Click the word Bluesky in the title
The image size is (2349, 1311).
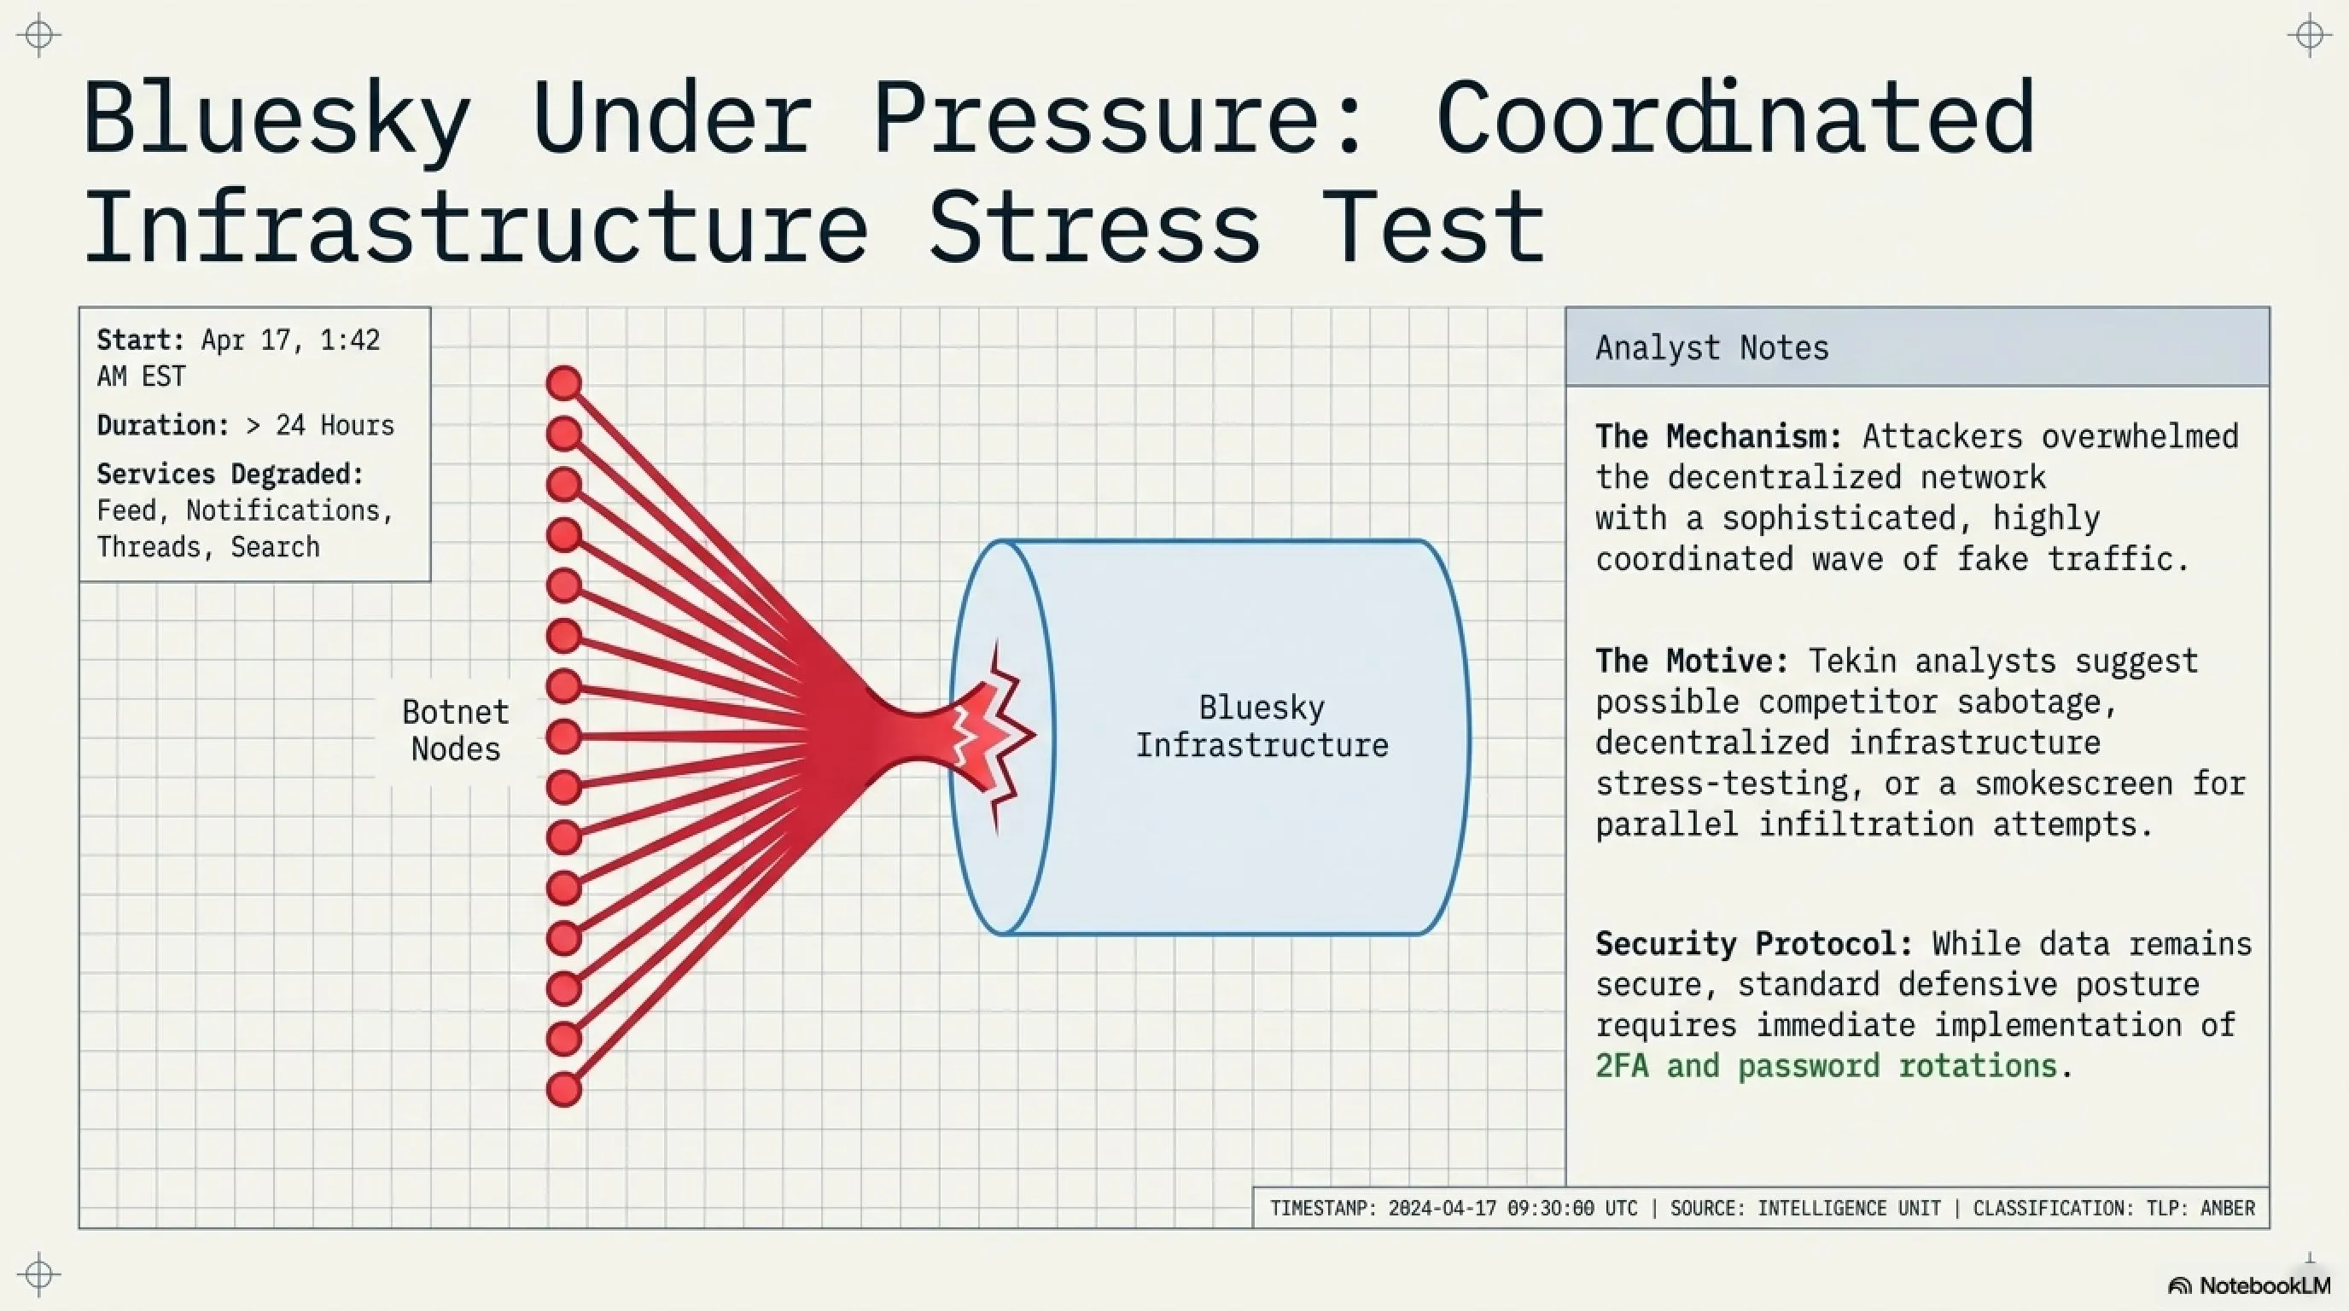point(277,119)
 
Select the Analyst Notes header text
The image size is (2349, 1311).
point(1711,348)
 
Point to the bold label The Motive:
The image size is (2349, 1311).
point(1692,661)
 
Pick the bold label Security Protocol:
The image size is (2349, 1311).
point(1752,944)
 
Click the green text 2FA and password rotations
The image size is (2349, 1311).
point(1826,1066)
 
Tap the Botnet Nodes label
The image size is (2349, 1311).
point(455,731)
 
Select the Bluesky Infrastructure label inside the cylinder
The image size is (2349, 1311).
point(1261,726)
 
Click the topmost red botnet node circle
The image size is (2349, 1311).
point(564,383)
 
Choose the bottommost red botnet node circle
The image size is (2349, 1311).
point(564,1088)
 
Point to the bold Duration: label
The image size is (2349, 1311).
point(162,426)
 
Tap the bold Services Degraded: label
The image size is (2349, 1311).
point(230,474)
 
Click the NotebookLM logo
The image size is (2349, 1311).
point(2248,1285)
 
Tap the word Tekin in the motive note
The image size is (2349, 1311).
point(1851,661)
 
